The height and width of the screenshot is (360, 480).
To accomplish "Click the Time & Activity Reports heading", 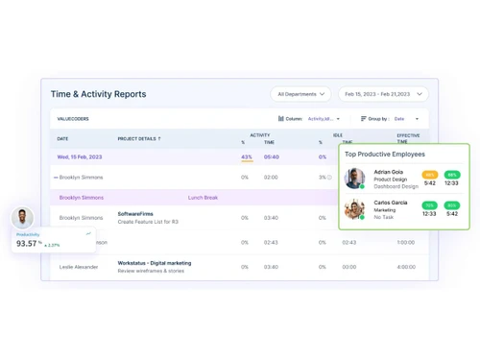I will (98, 94).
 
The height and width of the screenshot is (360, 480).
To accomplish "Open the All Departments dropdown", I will (300, 94).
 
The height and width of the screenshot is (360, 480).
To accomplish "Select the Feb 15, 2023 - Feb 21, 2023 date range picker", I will (382, 94).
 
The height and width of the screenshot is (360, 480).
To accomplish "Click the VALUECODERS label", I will (73, 119).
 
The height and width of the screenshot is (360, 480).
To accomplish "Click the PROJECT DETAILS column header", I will (139, 139).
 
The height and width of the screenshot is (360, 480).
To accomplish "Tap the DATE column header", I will (62, 139).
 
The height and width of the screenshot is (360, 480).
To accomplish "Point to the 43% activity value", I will (247, 156).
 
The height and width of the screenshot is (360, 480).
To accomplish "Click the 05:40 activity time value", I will (272, 156).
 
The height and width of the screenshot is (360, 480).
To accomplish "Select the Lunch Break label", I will (203, 198).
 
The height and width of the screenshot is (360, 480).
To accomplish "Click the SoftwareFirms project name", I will (135, 214).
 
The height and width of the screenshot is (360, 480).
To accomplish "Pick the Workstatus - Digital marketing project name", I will (154, 262).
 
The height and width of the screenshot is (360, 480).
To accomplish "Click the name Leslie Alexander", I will (79, 267).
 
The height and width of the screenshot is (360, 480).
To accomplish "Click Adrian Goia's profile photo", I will (355, 179).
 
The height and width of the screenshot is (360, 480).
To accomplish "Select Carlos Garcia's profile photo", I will (355, 209).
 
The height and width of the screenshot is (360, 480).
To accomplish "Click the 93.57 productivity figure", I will (27, 244).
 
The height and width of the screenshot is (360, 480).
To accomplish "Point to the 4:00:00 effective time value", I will (406, 267).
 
